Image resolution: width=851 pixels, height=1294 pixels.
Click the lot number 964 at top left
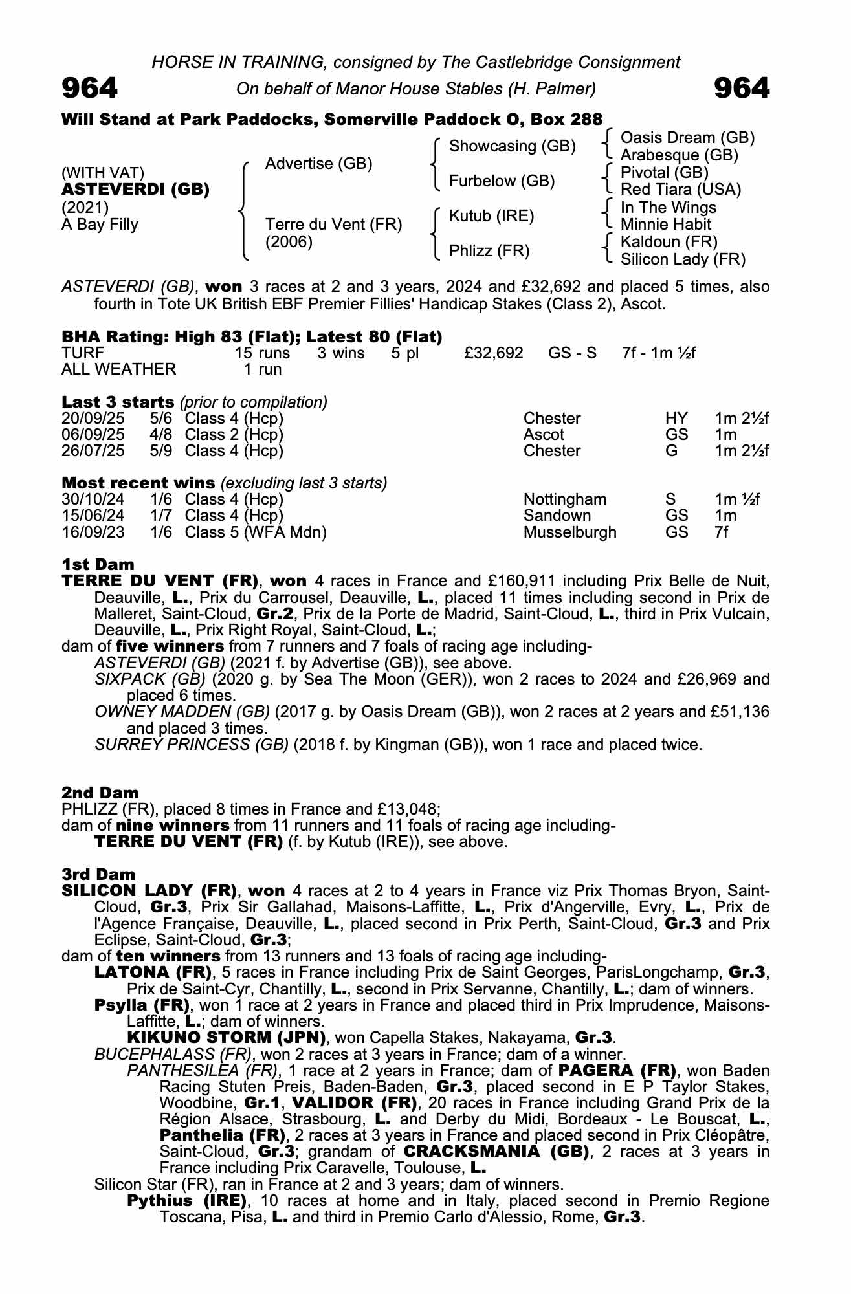coord(90,88)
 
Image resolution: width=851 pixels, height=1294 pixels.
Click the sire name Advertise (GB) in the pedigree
coord(318,164)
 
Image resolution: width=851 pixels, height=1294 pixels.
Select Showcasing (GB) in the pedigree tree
coord(512,146)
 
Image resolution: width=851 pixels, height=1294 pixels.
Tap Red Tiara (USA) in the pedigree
coord(681,190)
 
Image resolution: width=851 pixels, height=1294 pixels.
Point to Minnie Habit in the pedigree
coord(665,225)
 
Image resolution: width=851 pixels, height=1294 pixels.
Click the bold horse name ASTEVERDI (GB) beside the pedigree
coord(135,190)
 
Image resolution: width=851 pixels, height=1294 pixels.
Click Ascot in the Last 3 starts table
coord(544,435)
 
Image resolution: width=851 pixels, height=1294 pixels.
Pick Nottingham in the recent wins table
coord(565,499)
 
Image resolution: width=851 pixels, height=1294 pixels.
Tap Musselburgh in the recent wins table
coord(569,532)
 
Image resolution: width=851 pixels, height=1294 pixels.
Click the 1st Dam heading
coord(98,565)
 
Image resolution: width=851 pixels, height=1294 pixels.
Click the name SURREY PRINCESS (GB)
coord(192,745)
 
